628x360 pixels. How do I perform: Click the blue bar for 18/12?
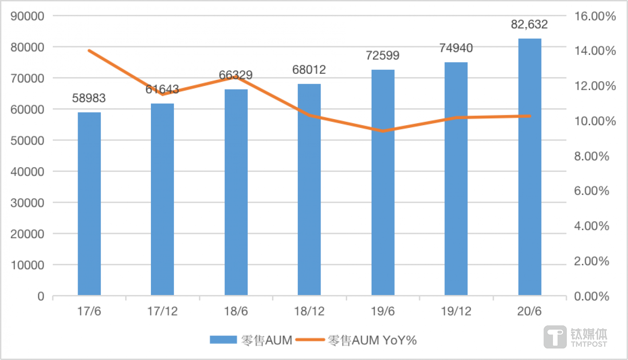(309, 190)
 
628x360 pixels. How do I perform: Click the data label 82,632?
(529, 24)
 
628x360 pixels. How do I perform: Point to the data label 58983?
(89, 98)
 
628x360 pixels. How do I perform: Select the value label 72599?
(383, 56)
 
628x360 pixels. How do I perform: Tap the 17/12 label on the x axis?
(162, 312)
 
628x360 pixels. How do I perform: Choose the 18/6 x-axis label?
(236, 312)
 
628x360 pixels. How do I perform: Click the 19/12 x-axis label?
(456, 312)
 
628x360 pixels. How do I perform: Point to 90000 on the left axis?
(28, 16)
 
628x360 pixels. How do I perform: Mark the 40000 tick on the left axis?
(28, 172)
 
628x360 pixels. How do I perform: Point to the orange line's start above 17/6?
(89, 51)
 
